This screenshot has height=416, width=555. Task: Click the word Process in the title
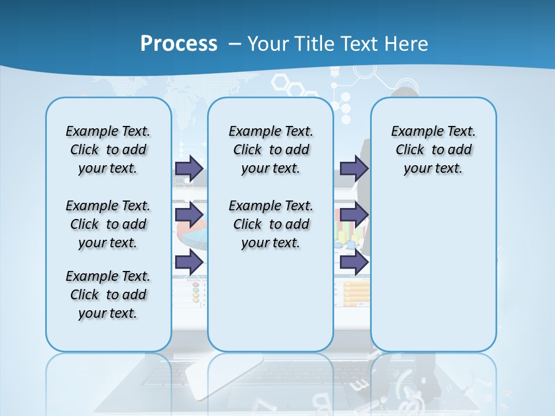179,44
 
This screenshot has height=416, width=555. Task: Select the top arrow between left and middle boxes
188,168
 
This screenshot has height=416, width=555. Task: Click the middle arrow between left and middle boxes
188,215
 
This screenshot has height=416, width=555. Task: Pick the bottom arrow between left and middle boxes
188,262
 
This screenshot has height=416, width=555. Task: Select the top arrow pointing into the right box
353,168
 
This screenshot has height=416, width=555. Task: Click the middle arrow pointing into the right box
353,215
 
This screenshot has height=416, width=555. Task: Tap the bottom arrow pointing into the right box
353,262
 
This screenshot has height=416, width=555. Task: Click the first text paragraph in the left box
108,150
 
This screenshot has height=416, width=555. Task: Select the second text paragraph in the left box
108,224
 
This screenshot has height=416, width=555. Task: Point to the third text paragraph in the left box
108,295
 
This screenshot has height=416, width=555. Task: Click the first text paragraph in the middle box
271,150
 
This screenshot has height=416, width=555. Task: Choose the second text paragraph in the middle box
271,224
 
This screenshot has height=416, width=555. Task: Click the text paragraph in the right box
433,150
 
